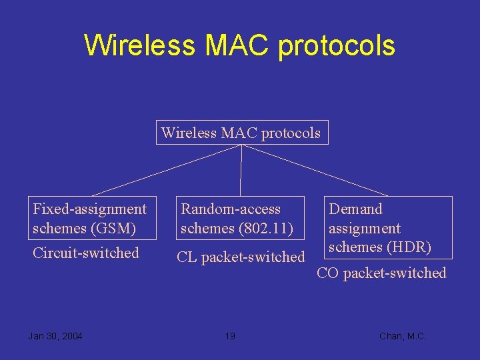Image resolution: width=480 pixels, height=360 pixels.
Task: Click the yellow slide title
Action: (239, 45)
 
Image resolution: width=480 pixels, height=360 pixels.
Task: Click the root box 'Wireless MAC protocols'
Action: (241, 133)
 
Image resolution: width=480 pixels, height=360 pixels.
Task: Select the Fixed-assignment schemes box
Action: (93, 218)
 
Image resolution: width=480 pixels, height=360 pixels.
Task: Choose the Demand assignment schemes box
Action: (389, 227)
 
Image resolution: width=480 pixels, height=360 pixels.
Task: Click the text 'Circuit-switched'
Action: (85, 253)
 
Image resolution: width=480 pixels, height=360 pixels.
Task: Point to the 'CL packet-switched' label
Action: (240, 257)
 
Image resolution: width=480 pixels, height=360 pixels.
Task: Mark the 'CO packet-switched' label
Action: (381, 273)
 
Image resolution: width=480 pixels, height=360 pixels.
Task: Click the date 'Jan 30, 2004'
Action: (55, 336)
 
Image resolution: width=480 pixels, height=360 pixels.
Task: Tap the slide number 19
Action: (229, 336)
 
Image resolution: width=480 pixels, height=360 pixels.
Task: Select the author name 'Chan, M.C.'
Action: (402, 336)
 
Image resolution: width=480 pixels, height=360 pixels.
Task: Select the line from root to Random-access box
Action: (241, 170)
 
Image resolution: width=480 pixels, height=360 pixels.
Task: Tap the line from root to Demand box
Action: (307, 170)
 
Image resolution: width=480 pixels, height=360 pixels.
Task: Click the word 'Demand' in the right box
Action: (356, 209)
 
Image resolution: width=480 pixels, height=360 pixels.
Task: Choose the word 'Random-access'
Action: (231, 209)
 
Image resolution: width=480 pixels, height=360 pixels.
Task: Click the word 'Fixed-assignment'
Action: (89, 209)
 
